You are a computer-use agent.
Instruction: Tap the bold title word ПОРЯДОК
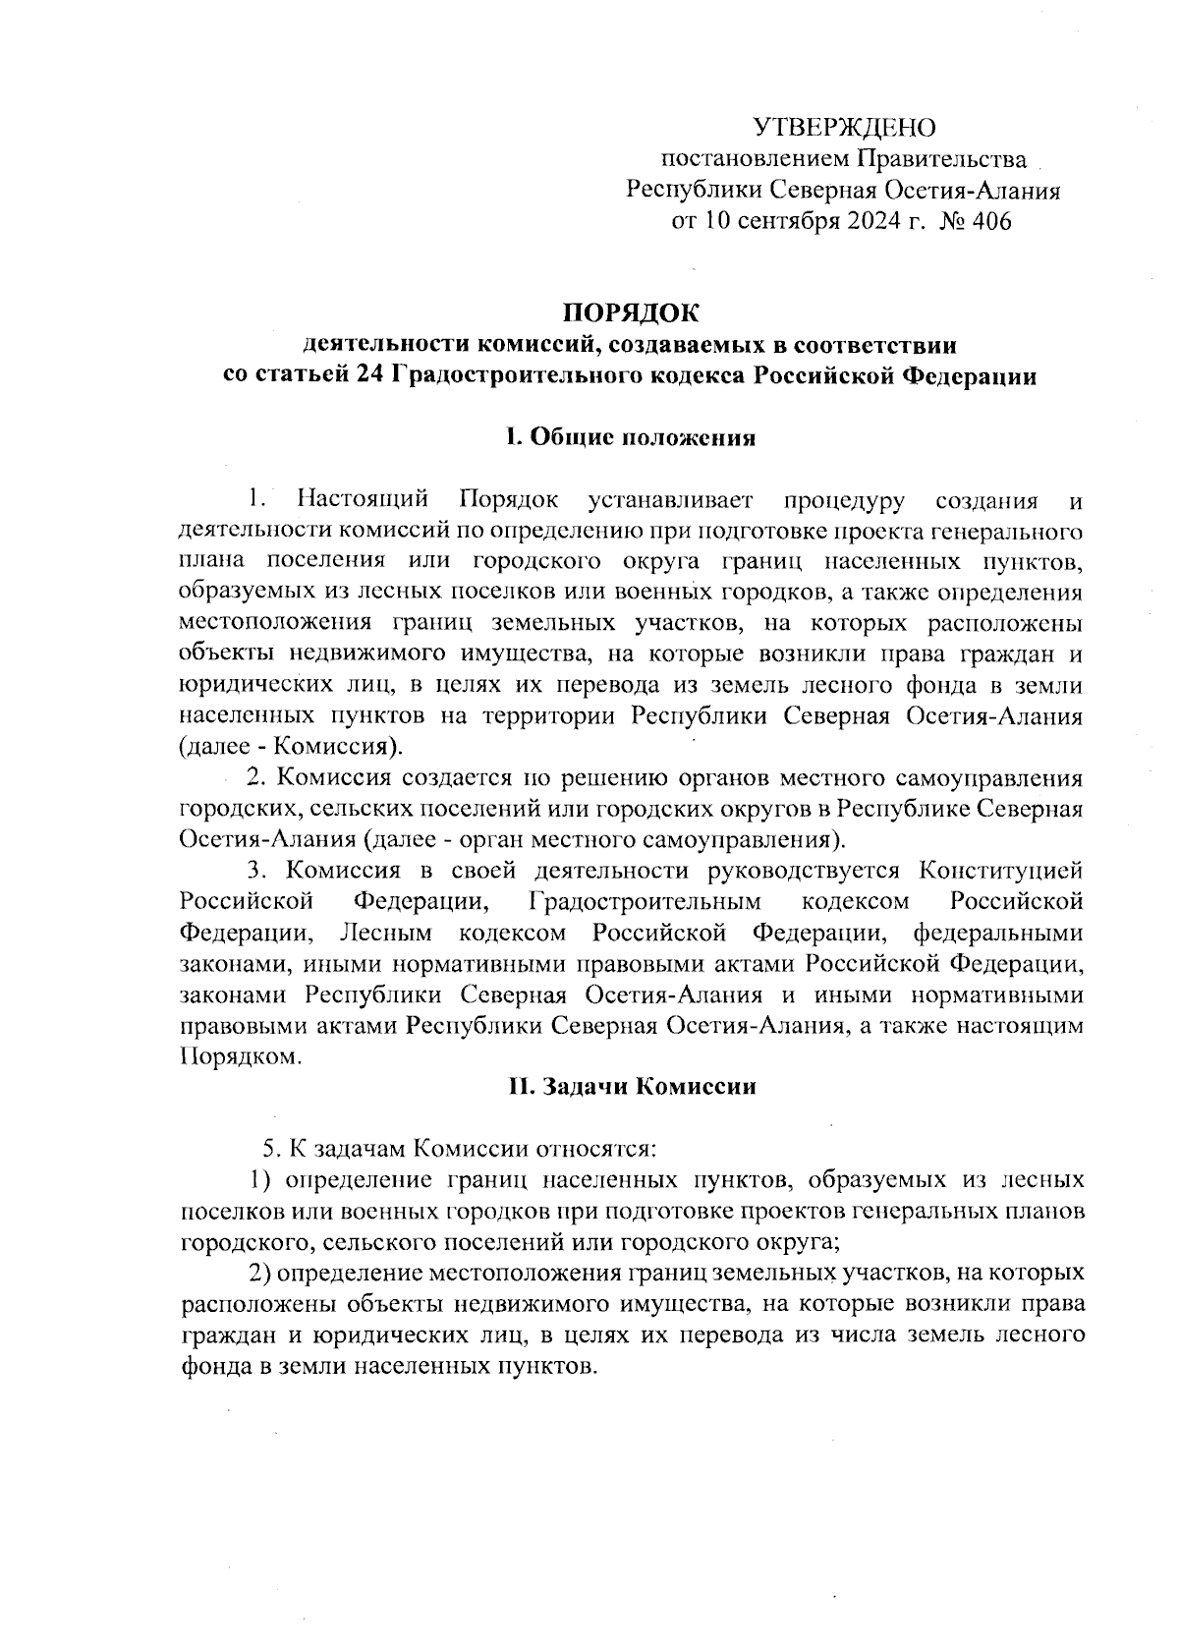click(x=629, y=313)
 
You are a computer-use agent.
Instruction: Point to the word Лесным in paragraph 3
click(x=387, y=931)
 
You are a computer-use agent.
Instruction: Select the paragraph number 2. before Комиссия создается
click(x=257, y=777)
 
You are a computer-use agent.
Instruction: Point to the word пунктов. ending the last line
click(x=541, y=1366)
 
